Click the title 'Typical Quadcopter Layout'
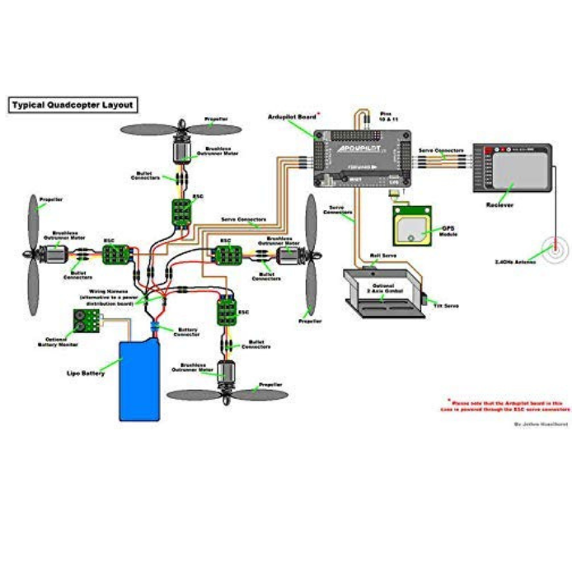[x=72, y=106]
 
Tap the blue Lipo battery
[x=140, y=380]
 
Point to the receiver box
[x=512, y=169]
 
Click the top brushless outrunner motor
[x=181, y=149]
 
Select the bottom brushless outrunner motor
[x=226, y=376]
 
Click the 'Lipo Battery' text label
[x=86, y=373]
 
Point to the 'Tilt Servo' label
[x=446, y=305]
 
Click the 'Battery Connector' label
[x=188, y=331]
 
